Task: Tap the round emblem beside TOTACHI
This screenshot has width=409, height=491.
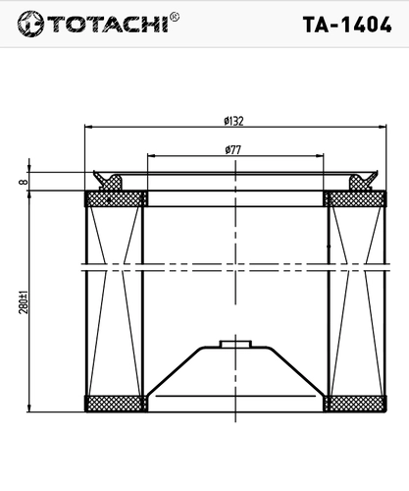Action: [30, 24]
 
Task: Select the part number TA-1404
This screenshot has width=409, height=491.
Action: [347, 25]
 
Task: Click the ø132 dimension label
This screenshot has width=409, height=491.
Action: [233, 121]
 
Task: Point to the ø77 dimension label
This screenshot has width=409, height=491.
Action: [233, 150]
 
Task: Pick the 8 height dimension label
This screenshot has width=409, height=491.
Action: [24, 181]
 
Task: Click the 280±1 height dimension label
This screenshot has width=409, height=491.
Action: [24, 301]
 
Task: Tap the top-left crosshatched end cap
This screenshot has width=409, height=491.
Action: [116, 198]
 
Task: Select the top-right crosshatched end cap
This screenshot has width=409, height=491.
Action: [355, 198]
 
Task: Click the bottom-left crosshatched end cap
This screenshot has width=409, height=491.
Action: [116, 404]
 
